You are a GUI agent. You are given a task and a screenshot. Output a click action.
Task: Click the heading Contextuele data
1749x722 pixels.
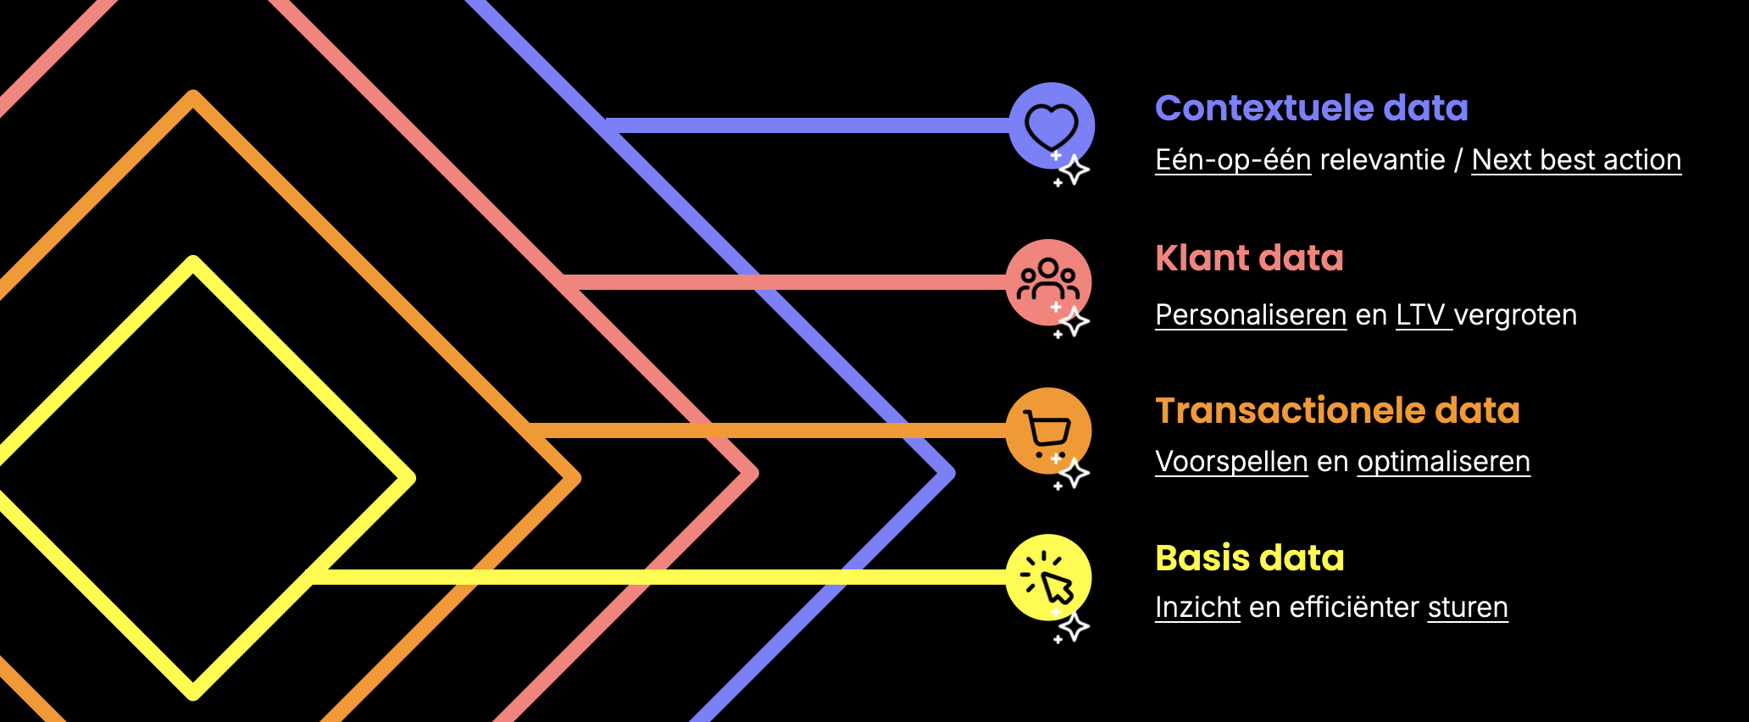(x=1311, y=108)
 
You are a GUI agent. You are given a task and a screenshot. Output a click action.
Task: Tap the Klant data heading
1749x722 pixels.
(x=1249, y=258)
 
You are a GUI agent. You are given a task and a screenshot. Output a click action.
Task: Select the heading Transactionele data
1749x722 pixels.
(x=1337, y=411)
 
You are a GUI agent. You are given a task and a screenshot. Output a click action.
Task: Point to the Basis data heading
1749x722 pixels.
(x=1249, y=558)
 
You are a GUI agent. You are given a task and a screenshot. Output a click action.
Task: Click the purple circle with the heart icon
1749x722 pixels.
(x=1052, y=125)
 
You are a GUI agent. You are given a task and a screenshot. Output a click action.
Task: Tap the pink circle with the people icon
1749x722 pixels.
(x=1048, y=282)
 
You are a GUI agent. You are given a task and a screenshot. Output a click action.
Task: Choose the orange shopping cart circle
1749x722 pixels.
(x=1048, y=430)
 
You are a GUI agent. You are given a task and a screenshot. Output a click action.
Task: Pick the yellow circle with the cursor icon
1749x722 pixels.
(x=1048, y=577)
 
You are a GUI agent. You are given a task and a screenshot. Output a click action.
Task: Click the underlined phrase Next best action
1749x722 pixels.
(x=1576, y=160)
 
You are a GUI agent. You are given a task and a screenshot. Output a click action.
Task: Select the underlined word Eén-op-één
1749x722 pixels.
(x=1233, y=160)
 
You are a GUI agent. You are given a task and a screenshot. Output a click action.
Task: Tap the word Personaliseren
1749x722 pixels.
(x=1251, y=315)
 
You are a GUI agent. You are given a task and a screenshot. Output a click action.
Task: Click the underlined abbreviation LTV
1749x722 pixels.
(x=1420, y=315)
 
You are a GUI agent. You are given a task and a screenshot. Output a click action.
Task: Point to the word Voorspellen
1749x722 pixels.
(x=1231, y=462)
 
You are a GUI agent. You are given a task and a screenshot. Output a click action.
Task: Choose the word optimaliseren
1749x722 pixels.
(x=1443, y=462)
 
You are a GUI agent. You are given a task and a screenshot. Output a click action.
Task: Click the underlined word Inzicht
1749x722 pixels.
(x=1197, y=608)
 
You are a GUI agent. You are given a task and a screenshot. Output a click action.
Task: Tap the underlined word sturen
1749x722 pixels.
(x=1468, y=608)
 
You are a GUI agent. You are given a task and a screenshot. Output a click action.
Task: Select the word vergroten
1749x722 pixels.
(x=1515, y=315)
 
